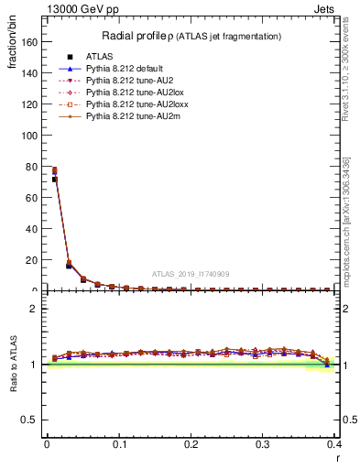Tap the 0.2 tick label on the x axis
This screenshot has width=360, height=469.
tap(191, 444)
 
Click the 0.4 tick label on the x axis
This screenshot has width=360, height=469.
tap(334, 444)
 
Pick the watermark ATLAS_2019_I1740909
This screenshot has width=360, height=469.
tap(190, 273)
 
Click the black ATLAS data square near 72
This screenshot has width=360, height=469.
tap(54, 180)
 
